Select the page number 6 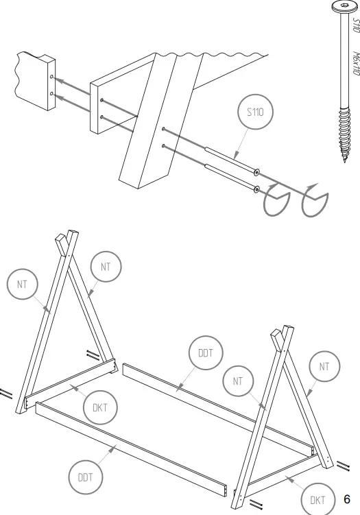click(x=347, y=499)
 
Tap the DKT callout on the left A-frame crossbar click(x=99, y=408)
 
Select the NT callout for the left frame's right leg click(x=106, y=267)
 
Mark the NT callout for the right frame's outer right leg click(x=324, y=368)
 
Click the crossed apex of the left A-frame click(x=65, y=243)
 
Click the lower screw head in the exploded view click(x=256, y=188)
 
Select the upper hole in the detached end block click(x=51, y=76)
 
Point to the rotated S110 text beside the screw click(x=356, y=26)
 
